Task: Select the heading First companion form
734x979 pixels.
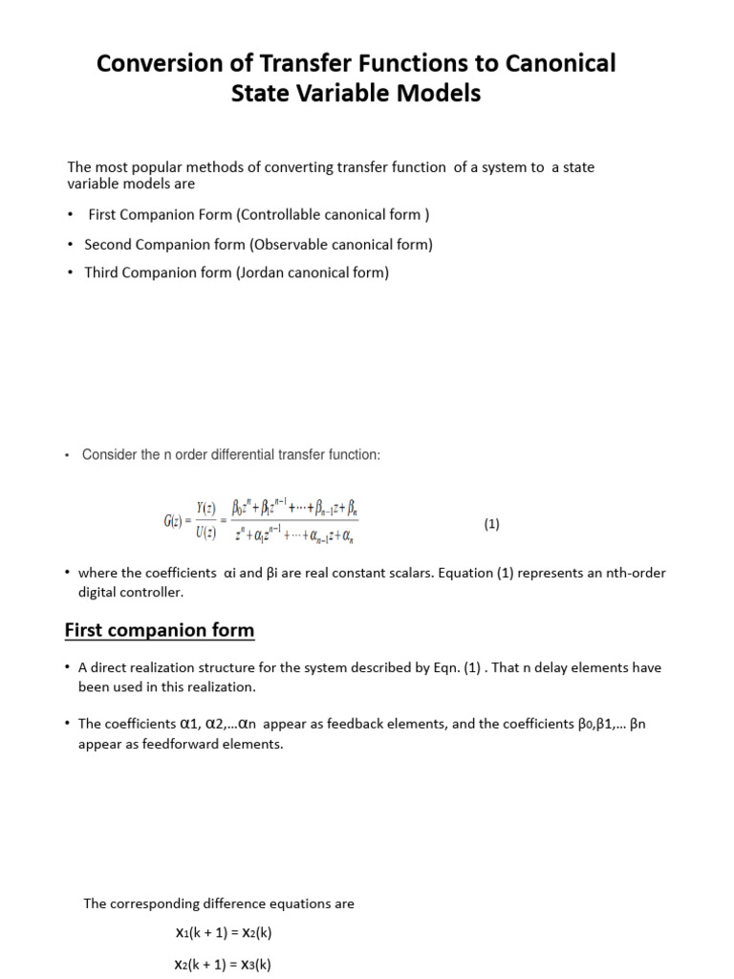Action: point(160,630)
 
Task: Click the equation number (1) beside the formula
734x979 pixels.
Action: point(491,524)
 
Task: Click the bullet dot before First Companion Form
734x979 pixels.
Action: point(70,214)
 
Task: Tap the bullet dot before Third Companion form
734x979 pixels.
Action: point(70,272)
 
